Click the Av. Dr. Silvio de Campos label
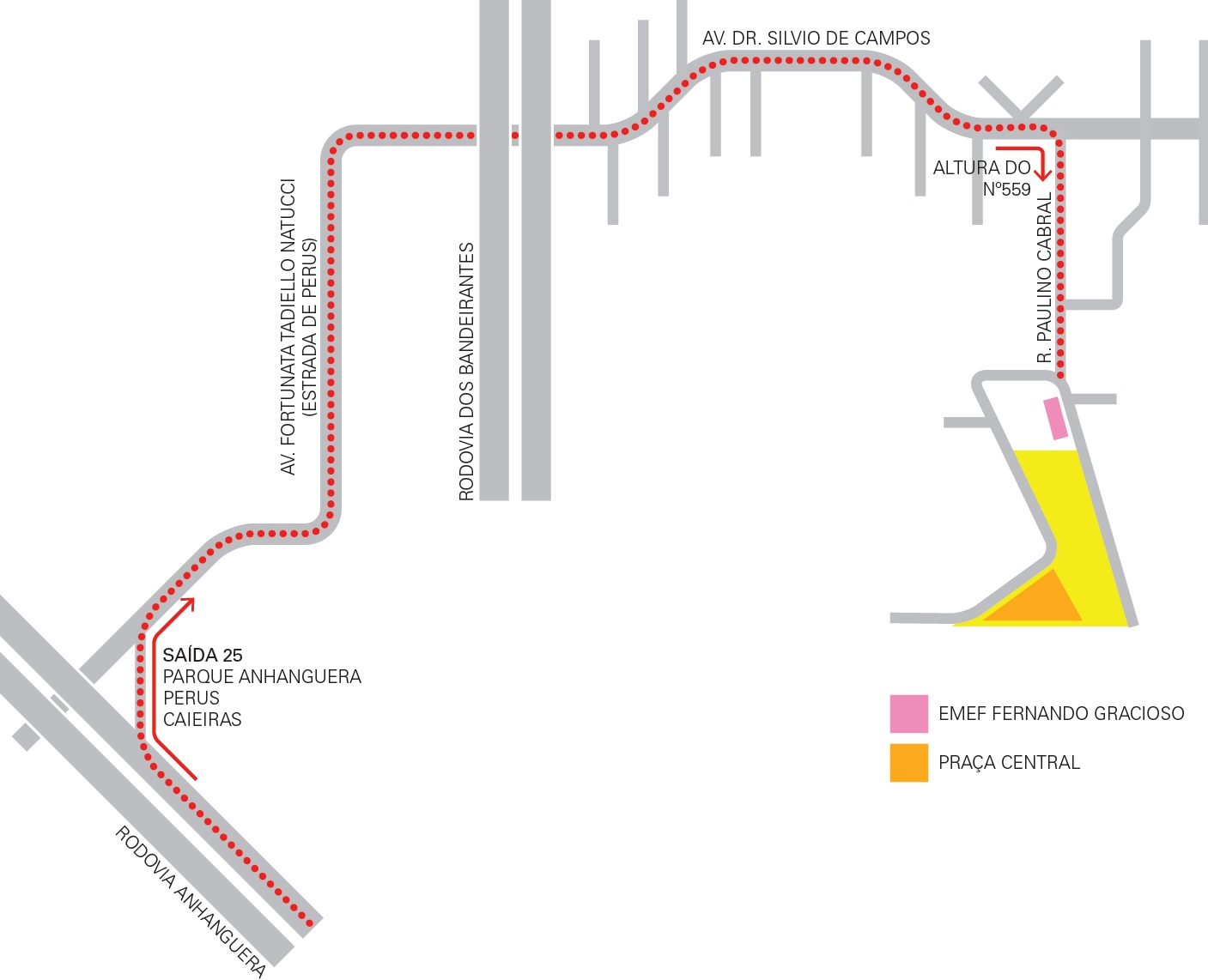pyautogui.click(x=816, y=39)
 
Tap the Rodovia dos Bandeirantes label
pyautogui.click(x=466, y=371)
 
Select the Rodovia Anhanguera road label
pyautogui.click(x=191, y=901)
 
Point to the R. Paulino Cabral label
pyautogui.click(x=1044, y=278)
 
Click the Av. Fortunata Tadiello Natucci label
pyautogui.click(x=288, y=326)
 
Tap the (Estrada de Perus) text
pyautogui.click(x=310, y=326)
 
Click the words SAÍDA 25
pyautogui.click(x=203, y=656)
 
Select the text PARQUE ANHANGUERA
pyautogui.click(x=262, y=677)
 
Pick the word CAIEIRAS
pyautogui.click(x=202, y=720)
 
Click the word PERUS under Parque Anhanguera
pyautogui.click(x=191, y=699)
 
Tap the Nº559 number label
pyautogui.click(x=1006, y=190)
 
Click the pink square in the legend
pyautogui.click(x=908, y=713)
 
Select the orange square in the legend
pyautogui.click(x=908, y=762)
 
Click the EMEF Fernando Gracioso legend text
pyautogui.click(x=1061, y=714)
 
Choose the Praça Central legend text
pyautogui.click(x=1009, y=763)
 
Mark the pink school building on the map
pyautogui.click(x=1055, y=418)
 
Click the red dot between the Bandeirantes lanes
pyautogui.click(x=515, y=136)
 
